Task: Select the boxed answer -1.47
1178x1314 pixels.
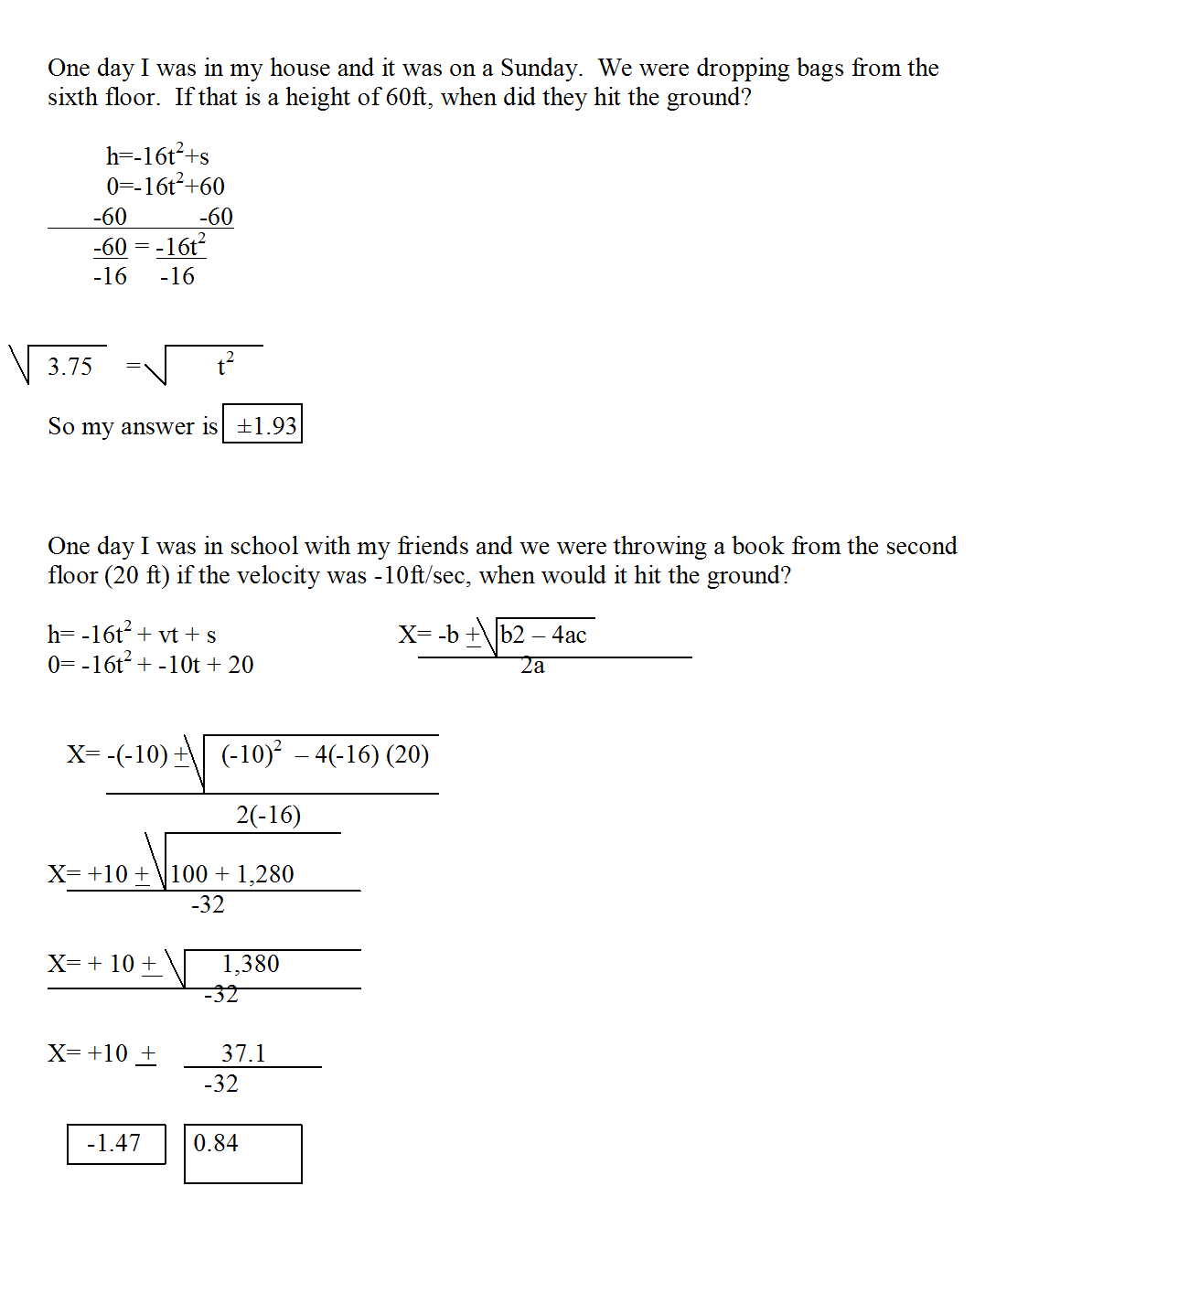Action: click(115, 1144)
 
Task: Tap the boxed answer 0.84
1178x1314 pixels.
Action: click(216, 1144)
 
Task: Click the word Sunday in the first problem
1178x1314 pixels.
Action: click(540, 69)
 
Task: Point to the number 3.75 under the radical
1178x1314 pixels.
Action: click(70, 367)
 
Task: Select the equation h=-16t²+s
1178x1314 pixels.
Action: click(157, 156)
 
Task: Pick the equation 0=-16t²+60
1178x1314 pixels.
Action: click(166, 187)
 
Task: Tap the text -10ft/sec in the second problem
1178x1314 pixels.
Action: click(419, 576)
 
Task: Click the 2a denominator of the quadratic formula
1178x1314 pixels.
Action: click(532, 667)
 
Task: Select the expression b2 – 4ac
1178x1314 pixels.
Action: click(543, 636)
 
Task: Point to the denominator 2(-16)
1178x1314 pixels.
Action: click(268, 815)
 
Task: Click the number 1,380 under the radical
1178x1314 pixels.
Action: click(251, 964)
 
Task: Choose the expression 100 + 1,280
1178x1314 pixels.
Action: click(232, 874)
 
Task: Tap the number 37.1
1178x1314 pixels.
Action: click(243, 1053)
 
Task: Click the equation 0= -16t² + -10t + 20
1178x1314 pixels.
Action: click(151, 665)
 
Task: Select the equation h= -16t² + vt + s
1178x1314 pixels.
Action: click(133, 635)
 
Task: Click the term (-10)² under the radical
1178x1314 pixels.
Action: click(251, 754)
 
